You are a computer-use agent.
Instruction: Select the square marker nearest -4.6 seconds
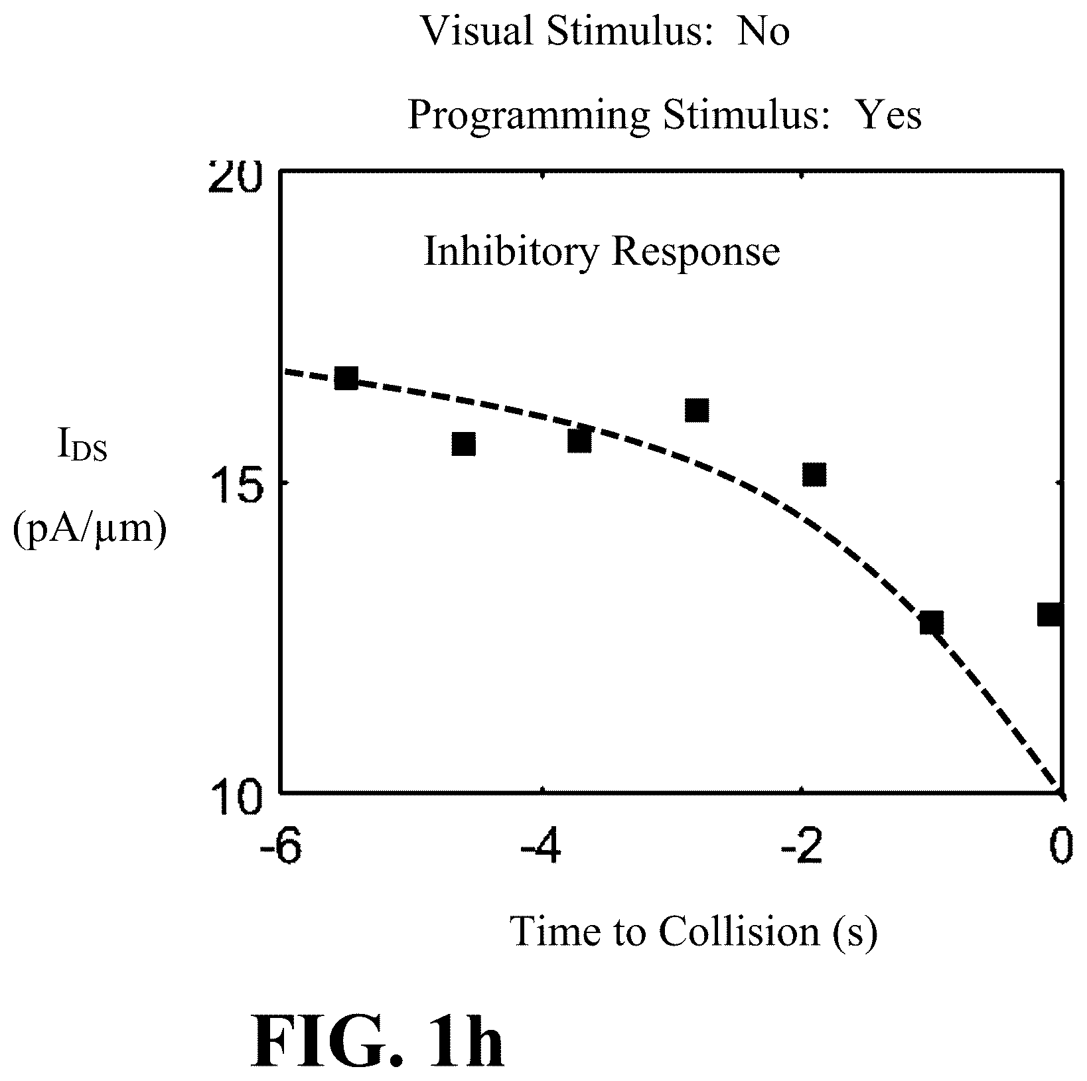tap(463, 443)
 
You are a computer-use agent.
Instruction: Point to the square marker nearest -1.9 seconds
tap(814, 475)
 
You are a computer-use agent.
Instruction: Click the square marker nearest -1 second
tap(932, 622)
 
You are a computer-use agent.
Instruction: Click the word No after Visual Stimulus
tap(763, 31)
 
